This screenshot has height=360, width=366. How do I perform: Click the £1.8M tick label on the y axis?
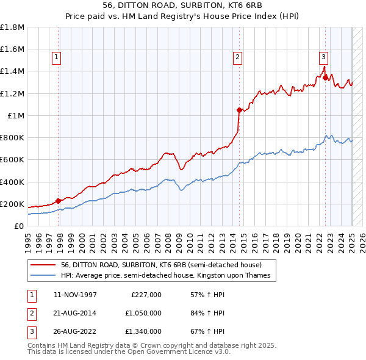click(x=12, y=27)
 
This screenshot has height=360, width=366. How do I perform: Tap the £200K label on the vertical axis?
click(x=12, y=204)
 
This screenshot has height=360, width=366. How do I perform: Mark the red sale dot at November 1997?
click(x=59, y=201)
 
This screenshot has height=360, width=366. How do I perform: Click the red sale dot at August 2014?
click(x=239, y=110)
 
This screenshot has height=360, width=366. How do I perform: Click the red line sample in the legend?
click(x=43, y=265)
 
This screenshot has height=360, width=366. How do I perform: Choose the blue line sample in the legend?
click(x=43, y=275)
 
